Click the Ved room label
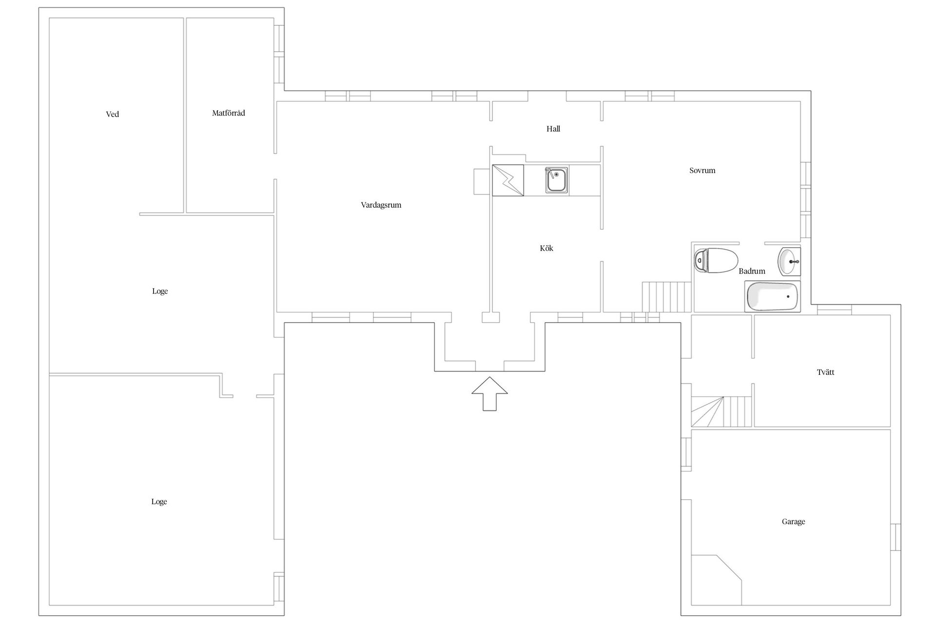(112, 115)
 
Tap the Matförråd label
(229, 113)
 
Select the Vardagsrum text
(381, 205)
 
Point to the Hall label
(553, 129)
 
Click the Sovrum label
(702, 171)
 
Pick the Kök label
(546, 248)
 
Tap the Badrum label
(752, 271)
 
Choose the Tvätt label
(825, 372)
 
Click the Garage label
(793, 522)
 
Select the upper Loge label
(160, 292)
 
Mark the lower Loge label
(159, 502)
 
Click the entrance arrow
(489, 394)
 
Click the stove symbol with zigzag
(508, 180)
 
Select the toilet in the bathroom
(716, 261)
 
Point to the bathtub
(773, 296)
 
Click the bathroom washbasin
(790, 262)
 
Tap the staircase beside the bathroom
(667, 297)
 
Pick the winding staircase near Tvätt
(721, 412)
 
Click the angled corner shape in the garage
(717, 580)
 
